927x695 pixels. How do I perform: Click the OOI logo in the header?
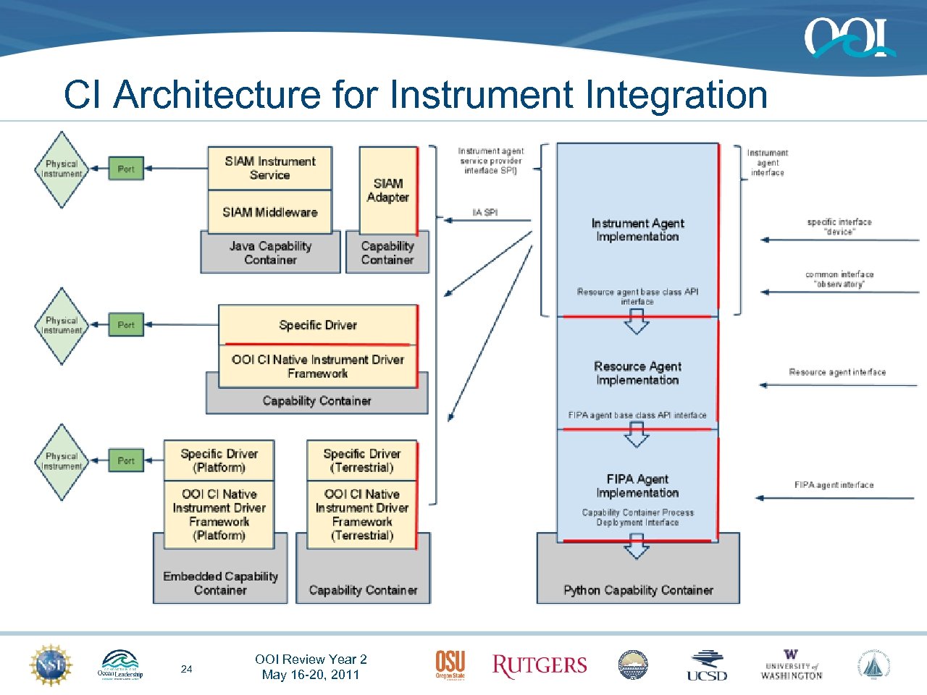coord(849,38)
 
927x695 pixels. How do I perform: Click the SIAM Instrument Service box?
coord(269,168)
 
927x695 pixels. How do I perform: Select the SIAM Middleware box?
coord(269,212)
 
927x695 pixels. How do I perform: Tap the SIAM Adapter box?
coord(387,190)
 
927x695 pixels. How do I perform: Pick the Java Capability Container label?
coord(270,253)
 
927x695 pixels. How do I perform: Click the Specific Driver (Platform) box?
coord(219,460)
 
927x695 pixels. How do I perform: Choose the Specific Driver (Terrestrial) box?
coord(361,460)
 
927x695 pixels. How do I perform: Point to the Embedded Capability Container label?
coord(220,583)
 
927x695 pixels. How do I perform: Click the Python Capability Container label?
coord(638,590)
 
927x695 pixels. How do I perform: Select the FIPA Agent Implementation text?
coord(637,486)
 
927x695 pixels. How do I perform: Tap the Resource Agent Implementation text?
coord(637,373)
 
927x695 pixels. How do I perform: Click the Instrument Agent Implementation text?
coord(637,229)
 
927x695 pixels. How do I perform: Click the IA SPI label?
coord(485,212)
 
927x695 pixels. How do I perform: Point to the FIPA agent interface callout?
coord(834,485)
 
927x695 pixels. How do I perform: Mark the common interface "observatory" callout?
coord(839,279)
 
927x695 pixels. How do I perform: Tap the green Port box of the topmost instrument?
coord(126,169)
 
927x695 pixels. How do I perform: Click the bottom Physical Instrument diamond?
coord(62,461)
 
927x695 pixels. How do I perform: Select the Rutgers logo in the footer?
coord(539,666)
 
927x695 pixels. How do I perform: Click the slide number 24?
coord(186,669)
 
